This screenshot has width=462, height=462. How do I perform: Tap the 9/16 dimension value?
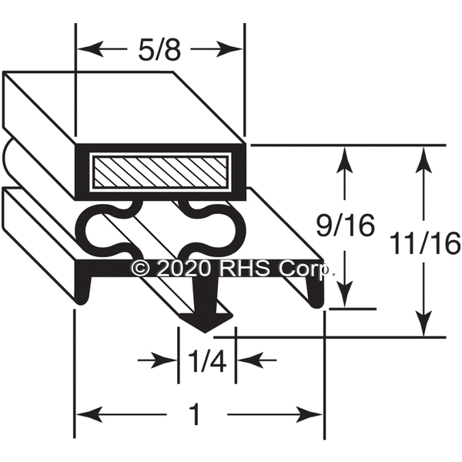(345, 226)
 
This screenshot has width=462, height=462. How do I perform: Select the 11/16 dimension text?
(424, 243)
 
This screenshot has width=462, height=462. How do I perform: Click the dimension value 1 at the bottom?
(196, 414)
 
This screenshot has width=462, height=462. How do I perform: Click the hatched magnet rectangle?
(160, 172)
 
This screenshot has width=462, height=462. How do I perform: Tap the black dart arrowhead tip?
(205, 333)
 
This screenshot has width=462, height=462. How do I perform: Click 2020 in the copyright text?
(185, 268)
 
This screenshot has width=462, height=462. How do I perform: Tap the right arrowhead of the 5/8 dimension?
(229, 49)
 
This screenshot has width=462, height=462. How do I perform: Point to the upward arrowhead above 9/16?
(345, 159)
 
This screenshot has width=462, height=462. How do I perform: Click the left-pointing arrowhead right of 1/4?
(249, 360)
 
